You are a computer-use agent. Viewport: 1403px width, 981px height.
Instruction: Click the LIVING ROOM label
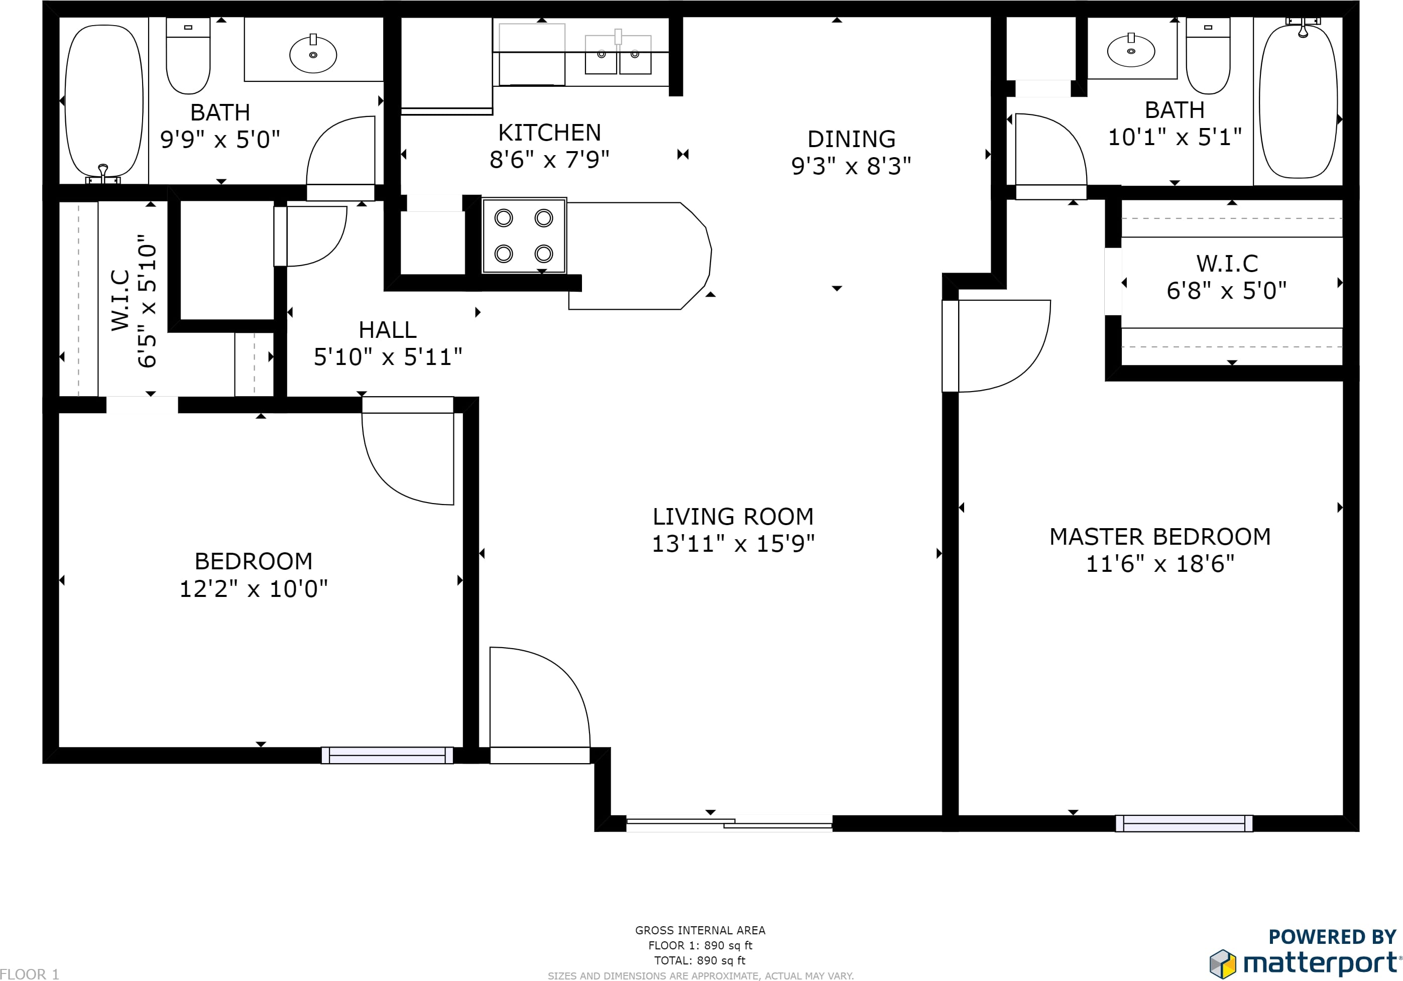(733, 517)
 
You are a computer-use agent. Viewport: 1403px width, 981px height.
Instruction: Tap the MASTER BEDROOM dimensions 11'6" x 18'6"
(1160, 564)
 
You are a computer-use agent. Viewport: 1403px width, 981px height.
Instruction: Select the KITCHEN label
(549, 133)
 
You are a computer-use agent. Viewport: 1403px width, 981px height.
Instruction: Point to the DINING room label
(851, 139)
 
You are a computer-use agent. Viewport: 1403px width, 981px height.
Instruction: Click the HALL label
(388, 330)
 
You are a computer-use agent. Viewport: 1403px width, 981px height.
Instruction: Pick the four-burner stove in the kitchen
(524, 236)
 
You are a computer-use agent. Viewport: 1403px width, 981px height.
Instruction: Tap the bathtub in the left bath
(104, 101)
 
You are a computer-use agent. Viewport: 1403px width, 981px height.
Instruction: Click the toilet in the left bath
(188, 56)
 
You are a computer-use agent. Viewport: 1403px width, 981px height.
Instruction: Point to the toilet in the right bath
(1208, 56)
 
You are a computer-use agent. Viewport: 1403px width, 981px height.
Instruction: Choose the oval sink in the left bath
(313, 54)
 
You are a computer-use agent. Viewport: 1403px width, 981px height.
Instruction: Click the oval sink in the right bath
(1131, 51)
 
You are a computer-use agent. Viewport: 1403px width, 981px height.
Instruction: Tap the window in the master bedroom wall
(1184, 823)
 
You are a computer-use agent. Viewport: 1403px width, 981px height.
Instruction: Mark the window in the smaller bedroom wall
(388, 756)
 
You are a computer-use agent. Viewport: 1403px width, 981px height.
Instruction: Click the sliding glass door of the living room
(729, 824)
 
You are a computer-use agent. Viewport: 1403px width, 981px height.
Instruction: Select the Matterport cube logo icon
(1223, 964)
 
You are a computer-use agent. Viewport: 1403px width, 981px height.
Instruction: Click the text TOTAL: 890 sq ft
(699, 960)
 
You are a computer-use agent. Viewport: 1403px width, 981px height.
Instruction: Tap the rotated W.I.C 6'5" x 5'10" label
(134, 301)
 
